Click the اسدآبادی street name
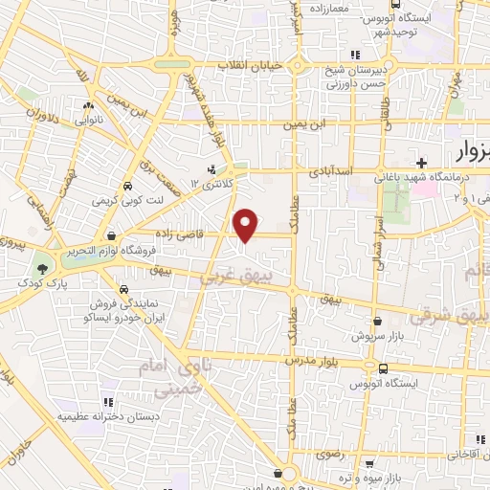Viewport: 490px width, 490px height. click(332, 171)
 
